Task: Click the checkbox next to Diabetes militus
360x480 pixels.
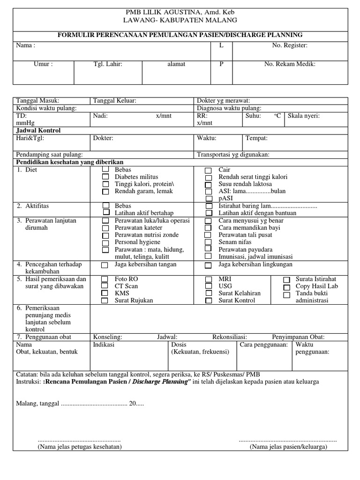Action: [x=105, y=177]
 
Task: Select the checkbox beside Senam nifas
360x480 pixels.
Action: [x=208, y=242]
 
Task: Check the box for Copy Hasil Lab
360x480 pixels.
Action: [x=286, y=286]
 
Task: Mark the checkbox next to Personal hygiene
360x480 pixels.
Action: [x=105, y=242]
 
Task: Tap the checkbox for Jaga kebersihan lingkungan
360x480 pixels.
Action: [x=208, y=265]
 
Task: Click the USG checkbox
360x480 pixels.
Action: [x=208, y=286]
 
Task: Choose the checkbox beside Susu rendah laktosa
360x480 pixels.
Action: [x=208, y=185]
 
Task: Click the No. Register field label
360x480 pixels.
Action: [x=290, y=45]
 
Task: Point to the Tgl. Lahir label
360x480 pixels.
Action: [x=108, y=64]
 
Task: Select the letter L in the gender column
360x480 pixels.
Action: [x=221, y=45]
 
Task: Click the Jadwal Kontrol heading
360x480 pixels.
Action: [x=38, y=130]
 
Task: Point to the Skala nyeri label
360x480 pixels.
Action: [x=304, y=116]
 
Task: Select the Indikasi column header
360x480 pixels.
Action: [x=104, y=345]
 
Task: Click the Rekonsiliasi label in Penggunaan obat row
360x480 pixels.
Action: [x=230, y=337]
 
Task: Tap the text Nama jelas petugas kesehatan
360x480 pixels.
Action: [x=79, y=447]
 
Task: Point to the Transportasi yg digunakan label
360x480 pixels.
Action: [x=233, y=155]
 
